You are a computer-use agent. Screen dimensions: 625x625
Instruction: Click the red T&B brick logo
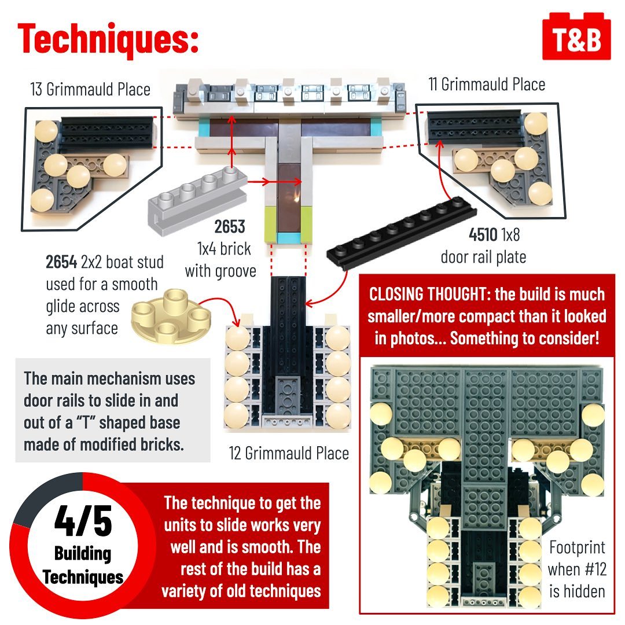[x=576, y=36]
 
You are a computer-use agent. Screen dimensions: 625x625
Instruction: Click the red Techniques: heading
[x=108, y=39]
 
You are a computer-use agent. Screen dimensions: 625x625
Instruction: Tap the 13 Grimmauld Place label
[x=90, y=89]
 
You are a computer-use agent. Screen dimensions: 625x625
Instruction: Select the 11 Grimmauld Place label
[x=487, y=84]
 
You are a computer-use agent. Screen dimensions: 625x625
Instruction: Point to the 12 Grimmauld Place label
[x=289, y=453]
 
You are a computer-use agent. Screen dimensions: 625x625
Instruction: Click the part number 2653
[x=230, y=226]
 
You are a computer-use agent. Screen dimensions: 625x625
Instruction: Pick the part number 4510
[x=483, y=234]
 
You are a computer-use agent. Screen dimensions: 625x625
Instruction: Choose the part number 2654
[x=61, y=262]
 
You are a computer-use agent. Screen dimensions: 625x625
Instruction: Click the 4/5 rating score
[x=83, y=521]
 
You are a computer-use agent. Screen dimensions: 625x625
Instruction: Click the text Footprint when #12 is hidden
[x=577, y=569]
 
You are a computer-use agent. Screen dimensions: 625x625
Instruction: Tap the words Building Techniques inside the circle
[x=83, y=565]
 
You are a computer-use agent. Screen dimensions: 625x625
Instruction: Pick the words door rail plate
[x=483, y=257]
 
